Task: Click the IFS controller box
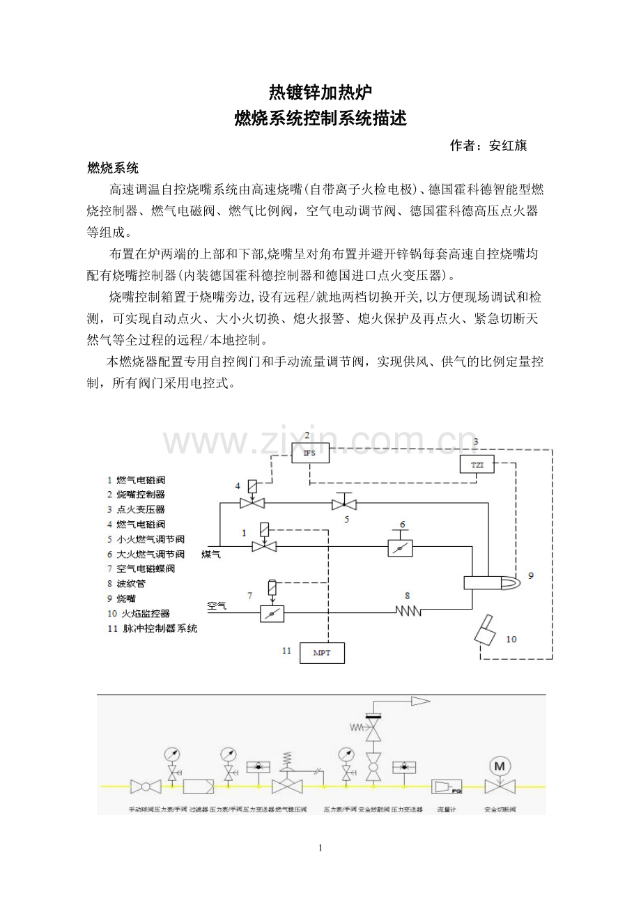pyautogui.click(x=310, y=453)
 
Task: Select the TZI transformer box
pyautogui.click(x=477, y=464)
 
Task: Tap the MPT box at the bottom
pyautogui.click(x=322, y=653)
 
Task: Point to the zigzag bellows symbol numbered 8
pyautogui.click(x=408, y=611)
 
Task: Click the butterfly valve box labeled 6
pyautogui.click(x=400, y=548)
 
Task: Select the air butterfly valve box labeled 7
pyautogui.click(x=272, y=612)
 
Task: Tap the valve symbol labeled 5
pyautogui.click(x=343, y=504)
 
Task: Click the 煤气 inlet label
pyautogui.click(x=211, y=554)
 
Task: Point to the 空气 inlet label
pyautogui.click(x=217, y=606)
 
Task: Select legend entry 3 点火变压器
pyautogui.click(x=136, y=509)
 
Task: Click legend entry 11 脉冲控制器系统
pyautogui.click(x=151, y=628)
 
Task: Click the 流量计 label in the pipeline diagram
pyautogui.click(x=446, y=810)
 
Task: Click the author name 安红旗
pyautogui.click(x=508, y=146)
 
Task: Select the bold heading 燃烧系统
pyautogui.click(x=113, y=169)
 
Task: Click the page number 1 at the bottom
pyautogui.click(x=320, y=848)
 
